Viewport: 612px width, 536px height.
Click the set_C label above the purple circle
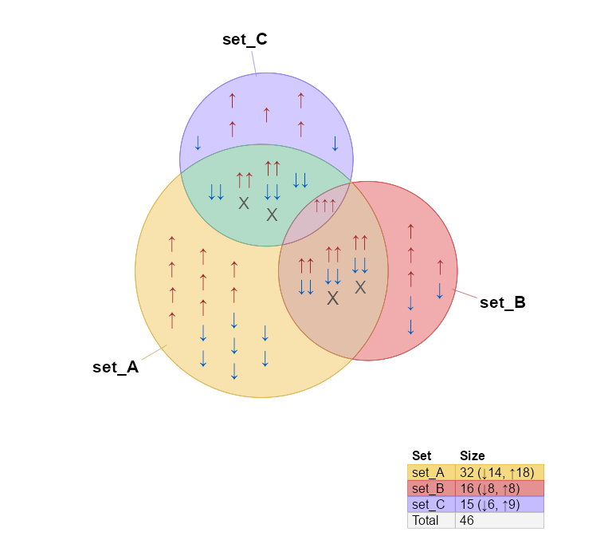[244, 40]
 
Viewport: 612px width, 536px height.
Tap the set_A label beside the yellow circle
[116, 367]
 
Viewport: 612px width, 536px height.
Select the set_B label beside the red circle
[502, 302]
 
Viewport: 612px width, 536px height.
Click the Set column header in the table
[422, 456]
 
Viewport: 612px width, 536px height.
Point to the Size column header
[472, 456]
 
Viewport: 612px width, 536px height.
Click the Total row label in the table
[426, 520]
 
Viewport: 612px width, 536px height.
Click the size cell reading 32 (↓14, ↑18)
[496, 472]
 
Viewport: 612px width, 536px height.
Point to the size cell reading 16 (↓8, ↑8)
[493, 488]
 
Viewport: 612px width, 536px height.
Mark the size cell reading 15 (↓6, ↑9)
[493, 504]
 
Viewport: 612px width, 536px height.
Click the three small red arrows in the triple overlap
[324, 206]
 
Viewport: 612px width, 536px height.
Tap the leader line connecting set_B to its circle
[467, 295]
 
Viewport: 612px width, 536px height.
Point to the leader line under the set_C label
[253, 62]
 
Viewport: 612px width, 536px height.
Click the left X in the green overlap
[244, 203]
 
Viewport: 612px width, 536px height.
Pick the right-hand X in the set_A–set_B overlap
[360, 287]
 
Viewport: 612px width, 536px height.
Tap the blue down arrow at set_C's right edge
[335, 144]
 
